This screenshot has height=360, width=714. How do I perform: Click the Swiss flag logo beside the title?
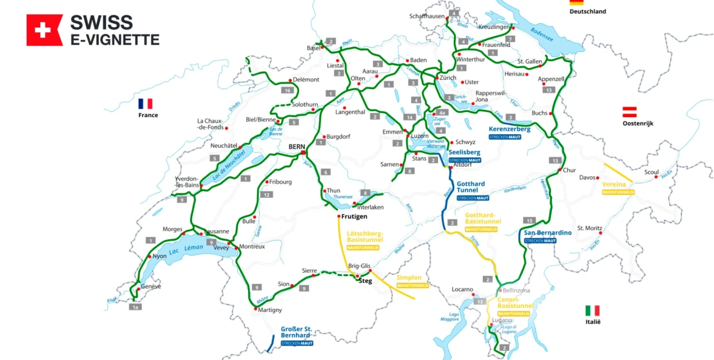coord(45,30)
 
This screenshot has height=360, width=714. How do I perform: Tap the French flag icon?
coord(145,104)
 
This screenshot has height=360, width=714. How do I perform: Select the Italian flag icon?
coord(592,310)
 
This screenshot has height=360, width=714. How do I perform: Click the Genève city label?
coord(150,286)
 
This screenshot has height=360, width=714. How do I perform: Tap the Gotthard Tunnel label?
coord(471,187)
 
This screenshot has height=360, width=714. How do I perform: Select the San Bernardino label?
coord(547,232)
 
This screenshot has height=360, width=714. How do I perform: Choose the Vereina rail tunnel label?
coord(614,184)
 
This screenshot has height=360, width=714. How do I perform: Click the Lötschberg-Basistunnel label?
coord(363,236)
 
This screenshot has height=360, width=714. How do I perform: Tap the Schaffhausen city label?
coord(427,16)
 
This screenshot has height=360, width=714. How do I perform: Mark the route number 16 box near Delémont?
coord(288,90)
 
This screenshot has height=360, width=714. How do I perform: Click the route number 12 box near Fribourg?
coord(268,194)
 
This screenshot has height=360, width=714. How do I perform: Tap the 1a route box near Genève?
coord(135,307)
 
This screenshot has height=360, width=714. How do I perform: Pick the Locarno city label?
coord(462,290)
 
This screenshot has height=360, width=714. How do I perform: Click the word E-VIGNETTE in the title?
coord(115,39)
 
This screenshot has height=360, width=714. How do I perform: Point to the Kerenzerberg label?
coord(509,129)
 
